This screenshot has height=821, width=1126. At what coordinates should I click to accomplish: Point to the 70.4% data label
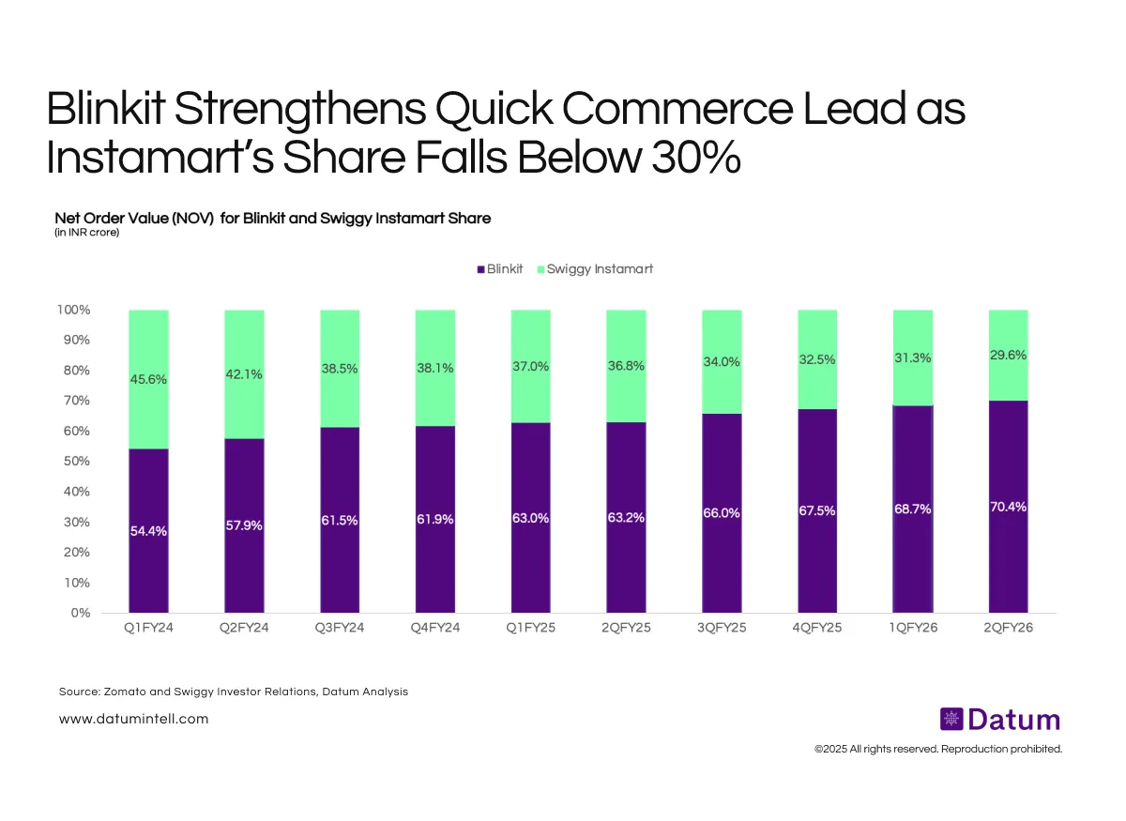pyautogui.click(x=1009, y=507)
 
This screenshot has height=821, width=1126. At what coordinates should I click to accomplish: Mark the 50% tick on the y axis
pyautogui.click(x=77, y=462)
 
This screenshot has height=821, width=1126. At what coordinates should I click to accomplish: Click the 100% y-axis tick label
pyautogui.click(x=73, y=310)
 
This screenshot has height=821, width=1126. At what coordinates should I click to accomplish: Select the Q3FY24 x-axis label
pyautogui.click(x=340, y=628)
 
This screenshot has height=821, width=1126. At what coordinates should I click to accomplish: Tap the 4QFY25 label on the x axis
pyautogui.click(x=817, y=628)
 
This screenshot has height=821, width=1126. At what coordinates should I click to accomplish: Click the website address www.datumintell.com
pyautogui.click(x=133, y=719)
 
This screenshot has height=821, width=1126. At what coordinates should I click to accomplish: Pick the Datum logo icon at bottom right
pyautogui.click(x=951, y=720)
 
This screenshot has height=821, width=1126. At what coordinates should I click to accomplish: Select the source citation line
pyautogui.click(x=234, y=692)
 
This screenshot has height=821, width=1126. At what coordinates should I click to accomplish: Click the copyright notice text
pyautogui.click(x=937, y=749)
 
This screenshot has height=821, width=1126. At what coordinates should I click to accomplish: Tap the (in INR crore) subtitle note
pyautogui.click(x=86, y=233)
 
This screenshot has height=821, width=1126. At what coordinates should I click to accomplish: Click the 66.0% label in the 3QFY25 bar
pyautogui.click(x=722, y=513)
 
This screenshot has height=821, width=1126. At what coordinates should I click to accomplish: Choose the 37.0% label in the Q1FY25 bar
pyautogui.click(x=530, y=367)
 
